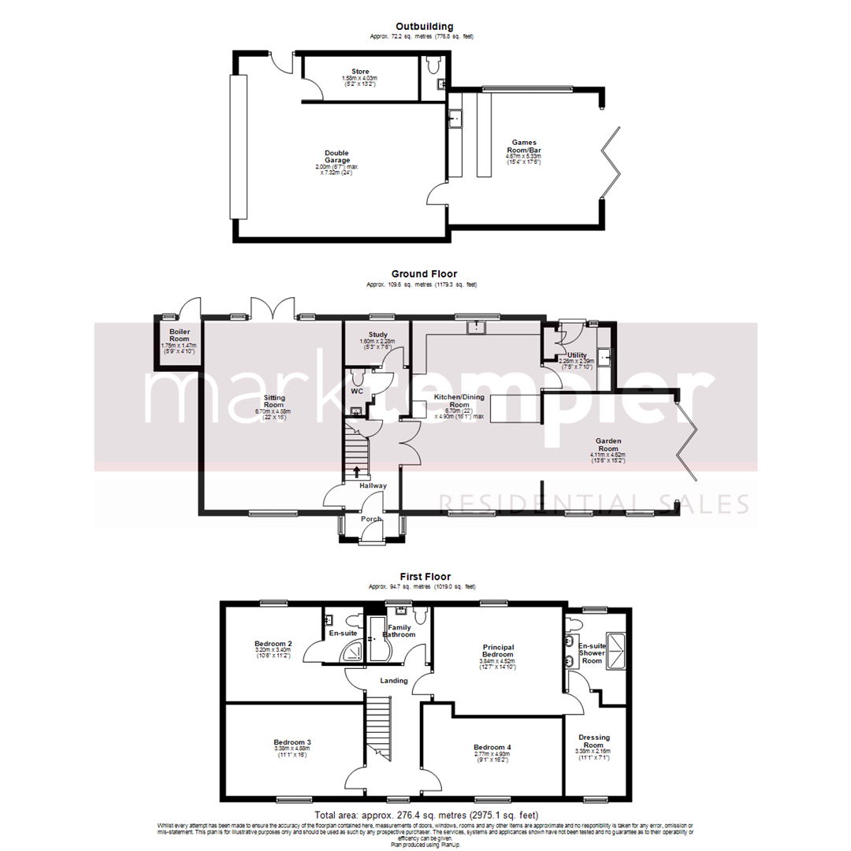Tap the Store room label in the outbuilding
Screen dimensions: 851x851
point(360,71)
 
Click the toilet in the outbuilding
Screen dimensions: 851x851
point(432,64)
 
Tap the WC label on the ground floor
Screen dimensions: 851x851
point(357,390)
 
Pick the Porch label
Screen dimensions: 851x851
point(370,518)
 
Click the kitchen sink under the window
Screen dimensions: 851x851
point(476,327)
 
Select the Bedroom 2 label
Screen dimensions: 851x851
point(273,643)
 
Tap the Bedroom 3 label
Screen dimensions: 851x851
point(292,741)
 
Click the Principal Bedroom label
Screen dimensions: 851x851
point(498,649)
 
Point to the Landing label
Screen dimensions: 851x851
point(394,680)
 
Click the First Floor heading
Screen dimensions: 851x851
point(425,577)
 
